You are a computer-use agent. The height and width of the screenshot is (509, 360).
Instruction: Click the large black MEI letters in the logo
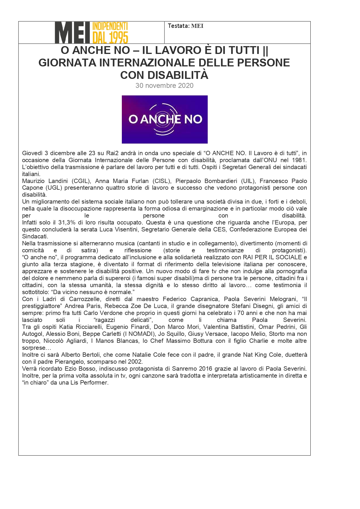click(73, 33)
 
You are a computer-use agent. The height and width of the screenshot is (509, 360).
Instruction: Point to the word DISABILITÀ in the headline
click(178, 75)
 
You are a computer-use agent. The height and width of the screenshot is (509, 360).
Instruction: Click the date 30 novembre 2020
click(164, 86)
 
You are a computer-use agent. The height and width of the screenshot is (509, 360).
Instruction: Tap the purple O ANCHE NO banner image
click(164, 119)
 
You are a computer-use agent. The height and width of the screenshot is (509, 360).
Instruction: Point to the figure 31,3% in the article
click(67, 223)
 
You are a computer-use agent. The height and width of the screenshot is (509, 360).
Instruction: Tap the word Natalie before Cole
click(144, 355)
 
